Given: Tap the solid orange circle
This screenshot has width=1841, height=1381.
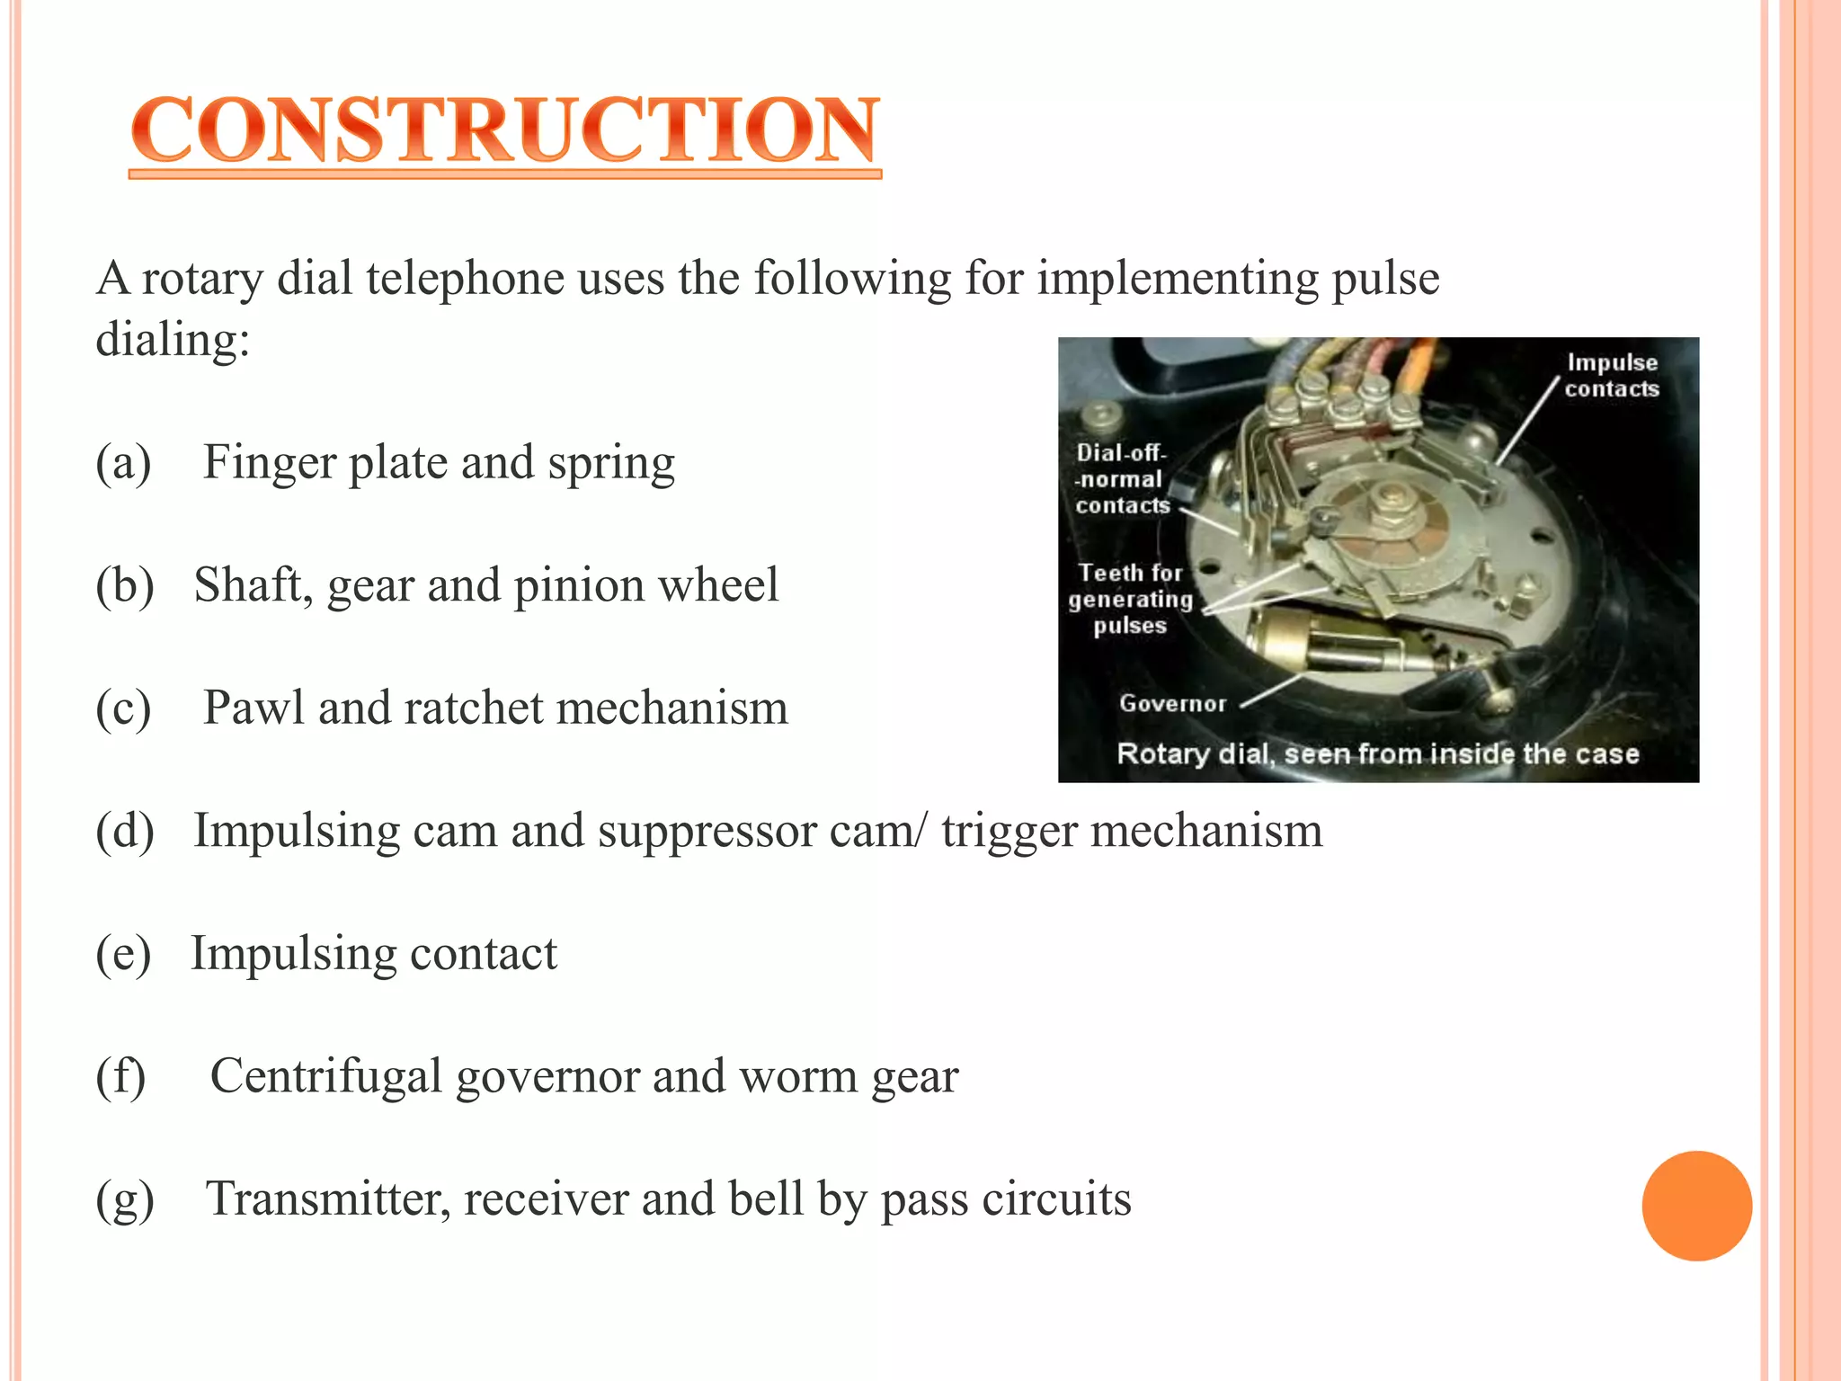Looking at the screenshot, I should (1696, 1206).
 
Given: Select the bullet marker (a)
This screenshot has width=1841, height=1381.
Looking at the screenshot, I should (123, 463).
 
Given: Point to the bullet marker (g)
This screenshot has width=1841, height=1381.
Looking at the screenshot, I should (124, 1199).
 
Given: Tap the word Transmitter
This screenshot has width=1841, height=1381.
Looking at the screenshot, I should (327, 1198).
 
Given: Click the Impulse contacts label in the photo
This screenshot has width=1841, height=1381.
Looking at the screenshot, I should (1612, 375).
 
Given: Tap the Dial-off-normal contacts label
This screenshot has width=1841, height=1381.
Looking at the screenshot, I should (1122, 479).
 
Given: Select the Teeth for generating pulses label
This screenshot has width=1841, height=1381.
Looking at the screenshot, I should (1130, 599).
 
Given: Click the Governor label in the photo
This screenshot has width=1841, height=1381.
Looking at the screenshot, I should (1172, 703).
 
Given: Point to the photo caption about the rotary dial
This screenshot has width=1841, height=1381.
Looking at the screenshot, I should (1377, 753).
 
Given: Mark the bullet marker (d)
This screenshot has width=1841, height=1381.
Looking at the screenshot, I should (124, 831).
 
